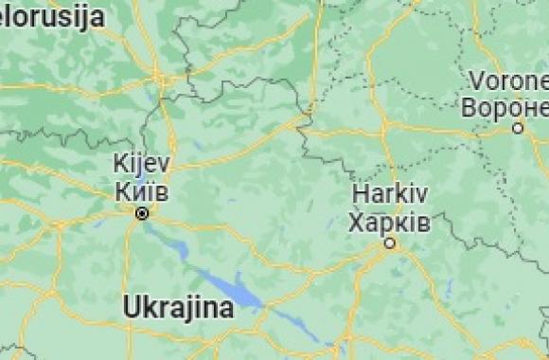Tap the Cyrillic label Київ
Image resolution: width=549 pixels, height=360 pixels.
(141, 190)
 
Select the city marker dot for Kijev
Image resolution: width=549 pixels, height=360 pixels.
(142, 214)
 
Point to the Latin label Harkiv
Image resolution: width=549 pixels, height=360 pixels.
(389, 195)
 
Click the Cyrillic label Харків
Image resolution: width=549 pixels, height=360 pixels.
(389, 223)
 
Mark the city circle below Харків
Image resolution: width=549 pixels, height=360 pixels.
(389, 244)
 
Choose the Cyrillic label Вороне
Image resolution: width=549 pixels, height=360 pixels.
(504, 106)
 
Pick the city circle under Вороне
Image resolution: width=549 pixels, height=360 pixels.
(518, 127)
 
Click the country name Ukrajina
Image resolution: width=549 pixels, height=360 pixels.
(178, 308)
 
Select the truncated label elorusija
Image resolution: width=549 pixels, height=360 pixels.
(52, 16)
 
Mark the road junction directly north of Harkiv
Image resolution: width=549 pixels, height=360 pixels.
(383, 123)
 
